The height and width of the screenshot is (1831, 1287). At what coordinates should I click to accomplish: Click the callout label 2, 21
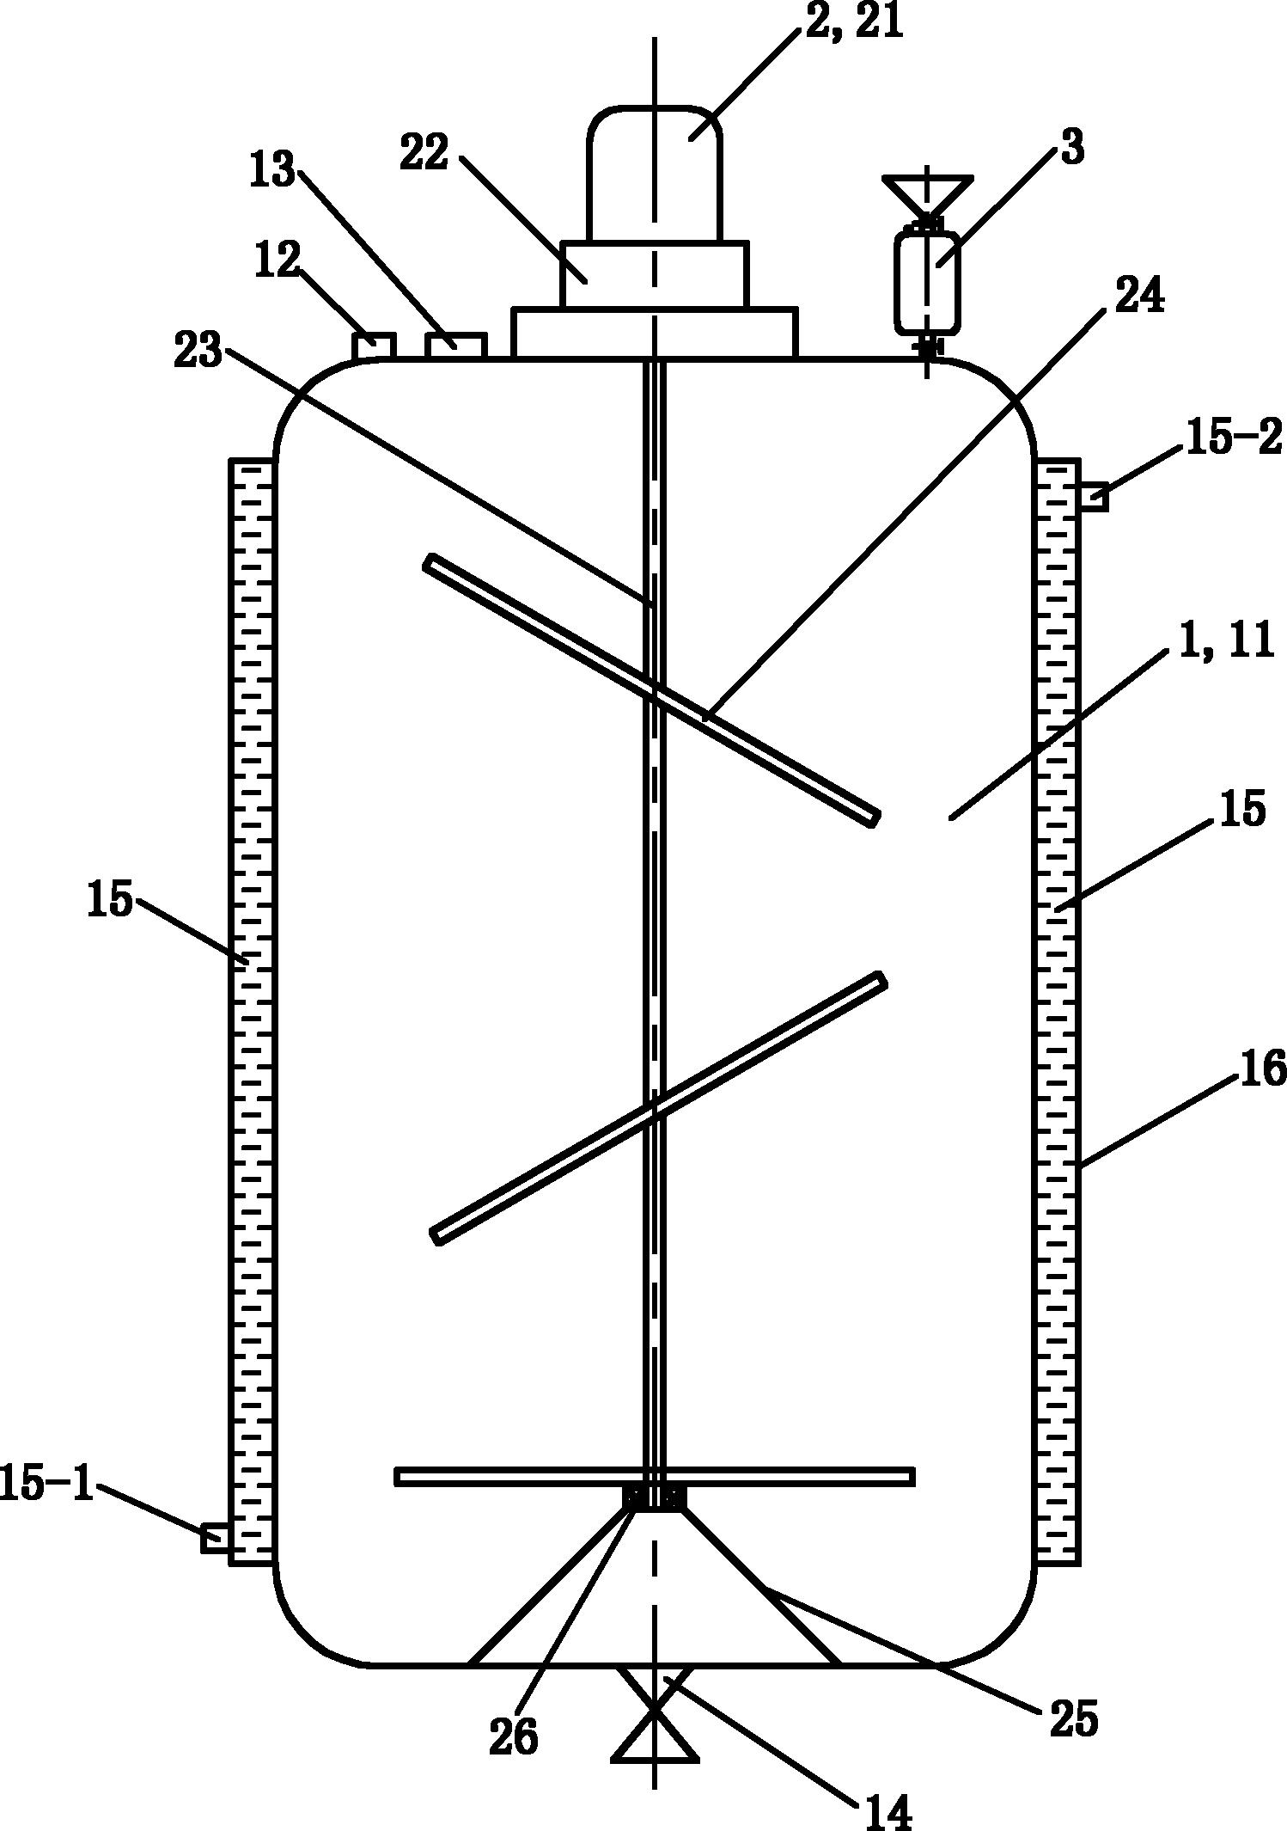click(x=854, y=21)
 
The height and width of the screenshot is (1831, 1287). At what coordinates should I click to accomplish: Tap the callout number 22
click(x=424, y=154)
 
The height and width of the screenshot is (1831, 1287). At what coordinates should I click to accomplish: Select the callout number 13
click(x=272, y=169)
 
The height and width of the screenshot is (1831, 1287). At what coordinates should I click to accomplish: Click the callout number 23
click(x=198, y=352)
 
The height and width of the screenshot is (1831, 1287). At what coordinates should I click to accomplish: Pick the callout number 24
click(x=1139, y=297)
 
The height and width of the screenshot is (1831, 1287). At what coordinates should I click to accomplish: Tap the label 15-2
click(x=1234, y=438)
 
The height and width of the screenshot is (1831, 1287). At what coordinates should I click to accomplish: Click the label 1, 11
click(x=1226, y=640)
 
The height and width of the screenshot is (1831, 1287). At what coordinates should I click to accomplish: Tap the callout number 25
click(x=1074, y=1718)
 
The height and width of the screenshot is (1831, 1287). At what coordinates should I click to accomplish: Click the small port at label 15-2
click(x=1093, y=497)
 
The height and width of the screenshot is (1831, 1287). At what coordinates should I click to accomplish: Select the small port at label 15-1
click(x=216, y=1537)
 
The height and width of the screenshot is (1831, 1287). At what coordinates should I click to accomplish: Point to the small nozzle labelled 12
click(x=374, y=346)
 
